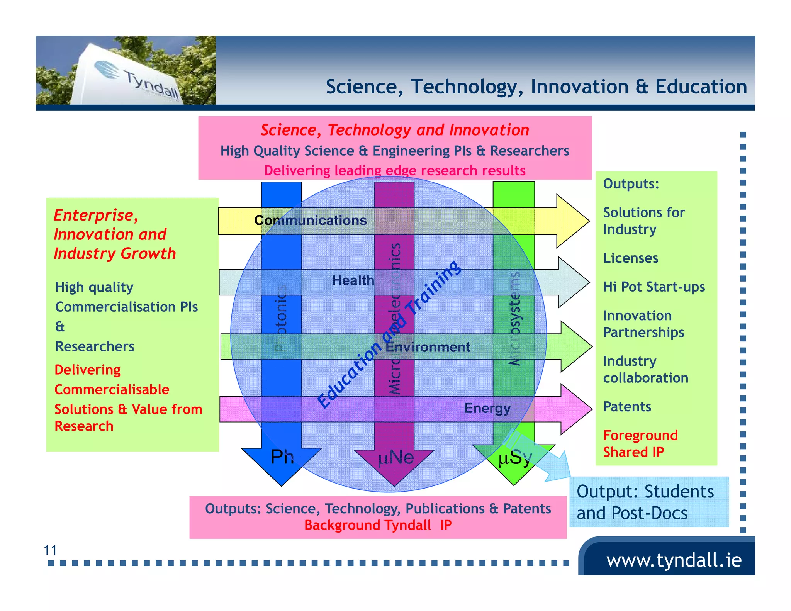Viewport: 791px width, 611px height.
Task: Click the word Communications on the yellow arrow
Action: (x=310, y=220)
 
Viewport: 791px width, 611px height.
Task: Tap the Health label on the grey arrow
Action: (x=353, y=280)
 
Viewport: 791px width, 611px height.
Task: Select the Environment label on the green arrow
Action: (x=428, y=347)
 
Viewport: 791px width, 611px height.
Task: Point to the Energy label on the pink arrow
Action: (x=487, y=408)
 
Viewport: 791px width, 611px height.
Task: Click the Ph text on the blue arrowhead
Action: (x=282, y=457)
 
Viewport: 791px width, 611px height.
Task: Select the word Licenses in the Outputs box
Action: (x=630, y=258)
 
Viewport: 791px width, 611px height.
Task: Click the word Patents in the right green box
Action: (x=627, y=407)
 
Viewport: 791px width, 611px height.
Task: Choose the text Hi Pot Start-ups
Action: (x=654, y=287)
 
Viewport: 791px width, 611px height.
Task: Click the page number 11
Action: (x=50, y=550)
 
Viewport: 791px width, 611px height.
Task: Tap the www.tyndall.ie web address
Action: (x=674, y=560)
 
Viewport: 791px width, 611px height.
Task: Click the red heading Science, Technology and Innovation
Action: (x=395, y=130)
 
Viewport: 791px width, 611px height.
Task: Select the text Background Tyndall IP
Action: (x=378, y=525)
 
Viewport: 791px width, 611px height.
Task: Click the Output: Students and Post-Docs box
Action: (x=649, y=502)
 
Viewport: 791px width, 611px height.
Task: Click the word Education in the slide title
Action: (x=701, y=87)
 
